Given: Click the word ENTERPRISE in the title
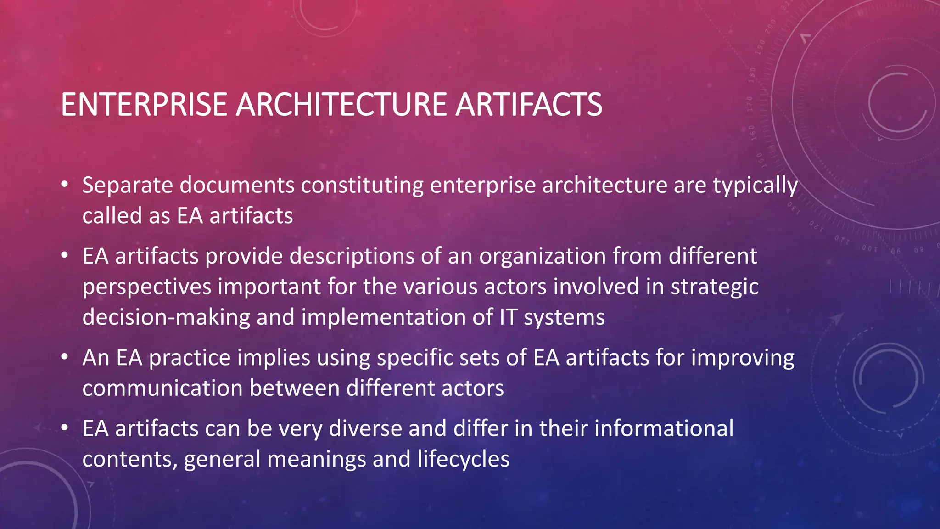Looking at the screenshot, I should (144, 104).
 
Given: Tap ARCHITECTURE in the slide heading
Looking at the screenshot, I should (341, 104).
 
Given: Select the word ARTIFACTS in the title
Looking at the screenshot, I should (528, 104).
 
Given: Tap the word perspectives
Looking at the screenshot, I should (146, 287).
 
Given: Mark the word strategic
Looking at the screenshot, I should (715, 287).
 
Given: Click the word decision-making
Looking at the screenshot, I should (166, 318).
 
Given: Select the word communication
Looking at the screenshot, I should (162, 388).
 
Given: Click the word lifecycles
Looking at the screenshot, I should (463, 460).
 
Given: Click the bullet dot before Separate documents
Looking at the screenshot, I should (65, 185).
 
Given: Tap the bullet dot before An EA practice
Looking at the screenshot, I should (65, 357).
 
